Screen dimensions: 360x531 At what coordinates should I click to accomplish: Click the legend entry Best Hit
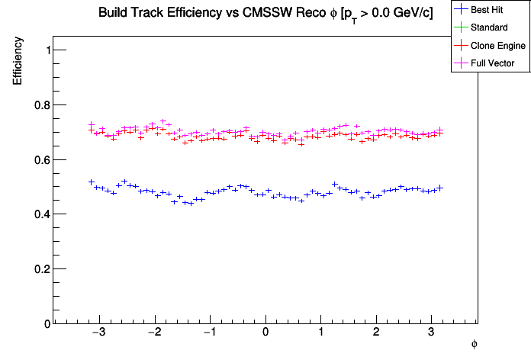pyautogui.click(x=489, y=11)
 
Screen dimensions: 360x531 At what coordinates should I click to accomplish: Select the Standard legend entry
pyautogui.click(x=489, y=28)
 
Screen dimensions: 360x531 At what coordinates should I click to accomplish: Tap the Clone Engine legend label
pyautogui.click(x=498, y=46)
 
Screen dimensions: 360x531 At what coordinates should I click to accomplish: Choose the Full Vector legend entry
pyautogui.click(x=494, y=63)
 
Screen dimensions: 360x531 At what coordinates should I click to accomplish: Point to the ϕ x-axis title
pyautogui.click(x=474, y=345)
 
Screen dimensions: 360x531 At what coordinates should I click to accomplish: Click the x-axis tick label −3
pyautogui.click(x=98, y=333)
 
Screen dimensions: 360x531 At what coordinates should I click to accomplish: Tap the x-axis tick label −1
pyautogui.click(x=208, y=333)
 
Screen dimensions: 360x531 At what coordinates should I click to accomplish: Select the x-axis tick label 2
pyautogui.click(x=376, y=333)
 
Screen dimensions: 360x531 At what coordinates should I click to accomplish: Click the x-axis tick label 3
pyautogui.click(x=431, y=333)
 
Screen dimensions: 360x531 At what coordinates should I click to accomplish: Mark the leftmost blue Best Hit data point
pyautogui.click(x=92, y=182)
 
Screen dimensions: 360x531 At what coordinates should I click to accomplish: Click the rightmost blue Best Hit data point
pyautogui.click(x=440, y=188)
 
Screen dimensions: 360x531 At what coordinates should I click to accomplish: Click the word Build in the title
pyautogui.click(x=113, y=14)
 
